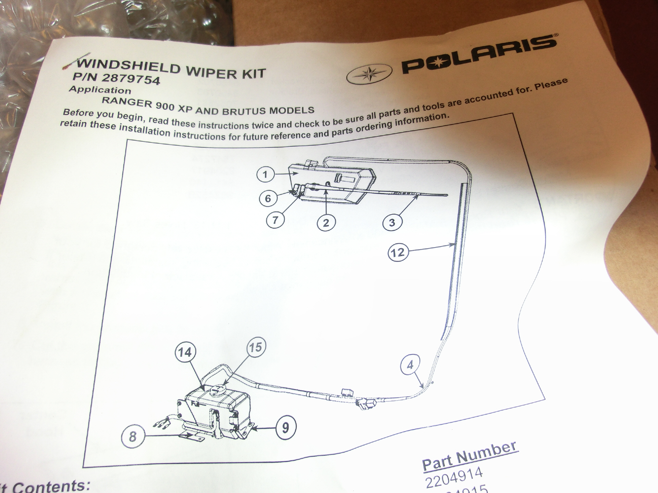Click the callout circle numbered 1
pos(265,175)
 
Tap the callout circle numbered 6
pos(268,199)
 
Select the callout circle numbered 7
pos(275,220)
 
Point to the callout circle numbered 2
pos(326,223)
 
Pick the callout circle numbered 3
pos(392,223)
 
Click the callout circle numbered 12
pos(398,253)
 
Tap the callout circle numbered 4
pos(410,365)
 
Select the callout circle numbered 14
pos(185,352)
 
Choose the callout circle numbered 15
pos(256,347)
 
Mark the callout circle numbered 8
pos(133,437)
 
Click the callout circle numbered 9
pos(285,427)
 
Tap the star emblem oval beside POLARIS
pos(369,74)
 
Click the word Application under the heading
pos(100,90)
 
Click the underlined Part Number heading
pos(470,455)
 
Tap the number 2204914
pos(454,478)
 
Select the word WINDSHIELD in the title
pos(129,66)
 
